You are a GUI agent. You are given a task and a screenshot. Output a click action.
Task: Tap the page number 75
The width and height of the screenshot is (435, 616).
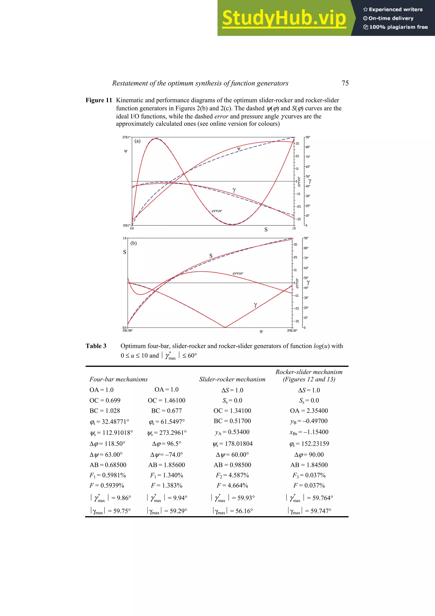tap(345, 83)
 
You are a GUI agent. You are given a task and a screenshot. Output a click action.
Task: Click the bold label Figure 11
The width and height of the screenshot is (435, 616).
tap(99, 100)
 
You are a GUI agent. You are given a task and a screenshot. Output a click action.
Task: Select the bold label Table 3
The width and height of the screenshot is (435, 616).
tap(96, 346)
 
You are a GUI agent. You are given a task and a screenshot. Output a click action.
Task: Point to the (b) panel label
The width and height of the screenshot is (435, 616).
tap(133, 243)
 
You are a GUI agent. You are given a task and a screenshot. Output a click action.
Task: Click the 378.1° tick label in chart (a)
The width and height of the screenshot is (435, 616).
tap(126, 137)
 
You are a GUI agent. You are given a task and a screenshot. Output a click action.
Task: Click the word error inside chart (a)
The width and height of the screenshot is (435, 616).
tap(217, 211)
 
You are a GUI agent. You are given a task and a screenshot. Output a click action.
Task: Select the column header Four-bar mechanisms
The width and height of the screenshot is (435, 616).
tap(119, 379)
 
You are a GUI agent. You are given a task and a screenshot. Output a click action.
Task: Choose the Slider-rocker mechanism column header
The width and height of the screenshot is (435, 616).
tap(232, 379)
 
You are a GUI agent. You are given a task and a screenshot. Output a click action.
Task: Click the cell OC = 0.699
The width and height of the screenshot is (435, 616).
tap(105, 401)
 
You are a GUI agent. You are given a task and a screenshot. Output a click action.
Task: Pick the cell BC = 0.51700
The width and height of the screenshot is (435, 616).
tap(232, 421)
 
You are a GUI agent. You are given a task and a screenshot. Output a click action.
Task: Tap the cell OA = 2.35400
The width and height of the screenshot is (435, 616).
tap(309, 411)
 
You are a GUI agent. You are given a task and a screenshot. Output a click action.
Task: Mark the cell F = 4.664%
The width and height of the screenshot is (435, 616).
tap(232, 485)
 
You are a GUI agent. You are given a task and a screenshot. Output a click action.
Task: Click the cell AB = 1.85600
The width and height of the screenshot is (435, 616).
tap(167, 465)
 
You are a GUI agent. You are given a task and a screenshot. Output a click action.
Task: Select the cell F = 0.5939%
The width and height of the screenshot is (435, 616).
tap(107, 485)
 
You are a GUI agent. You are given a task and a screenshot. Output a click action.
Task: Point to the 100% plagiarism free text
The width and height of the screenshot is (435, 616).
tap(396, 27)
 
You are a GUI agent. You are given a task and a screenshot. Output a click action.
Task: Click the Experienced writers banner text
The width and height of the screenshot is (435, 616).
tap(393, 10)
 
